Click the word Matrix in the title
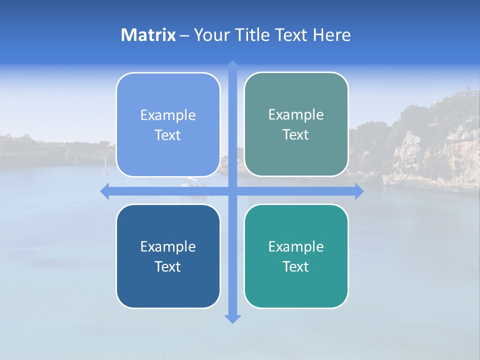pos(148,35)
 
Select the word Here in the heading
pos(332,35)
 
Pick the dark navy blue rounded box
pos(168,285)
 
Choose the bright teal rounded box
pos(296,285)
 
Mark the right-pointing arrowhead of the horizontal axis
pos(359,191)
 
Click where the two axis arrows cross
pos(232,191)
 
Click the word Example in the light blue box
pos(168,115)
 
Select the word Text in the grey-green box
pos(296,135)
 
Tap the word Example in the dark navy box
pos(168,247)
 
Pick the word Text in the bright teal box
pos(296,267)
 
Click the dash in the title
pos(184,35)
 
